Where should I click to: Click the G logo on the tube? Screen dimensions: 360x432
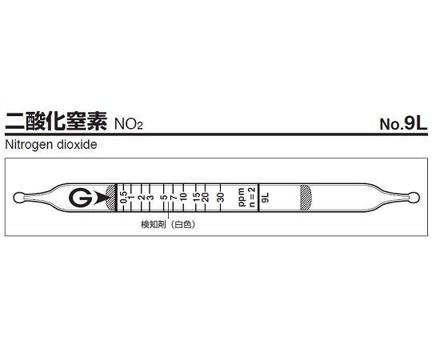(x=80, y=198)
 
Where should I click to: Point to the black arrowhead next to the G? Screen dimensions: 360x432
(x=98, y=198)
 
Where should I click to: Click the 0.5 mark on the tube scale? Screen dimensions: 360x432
(x=122, y=196)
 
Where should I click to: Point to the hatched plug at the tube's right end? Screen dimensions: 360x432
(x=305, y=198)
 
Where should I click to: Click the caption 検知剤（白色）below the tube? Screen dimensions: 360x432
(x=169, y=225)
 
